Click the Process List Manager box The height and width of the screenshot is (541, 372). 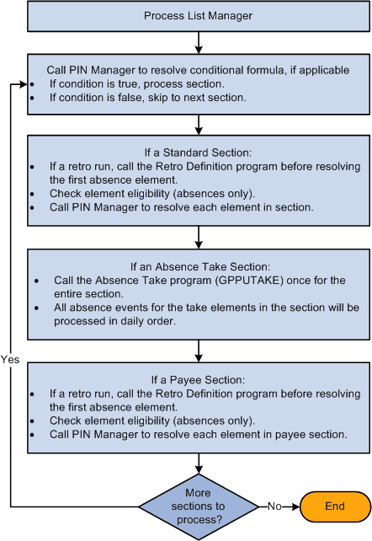coord(197,16)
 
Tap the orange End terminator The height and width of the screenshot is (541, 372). coord(335,507)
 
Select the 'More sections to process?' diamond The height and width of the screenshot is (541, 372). coord(197,507)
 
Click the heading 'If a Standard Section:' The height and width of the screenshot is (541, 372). coord(197,153)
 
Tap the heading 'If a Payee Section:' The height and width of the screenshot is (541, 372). coord(197,379)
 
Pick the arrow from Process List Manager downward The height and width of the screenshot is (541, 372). coord(197,42)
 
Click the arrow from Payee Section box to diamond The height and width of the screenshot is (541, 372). coord(197,463)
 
